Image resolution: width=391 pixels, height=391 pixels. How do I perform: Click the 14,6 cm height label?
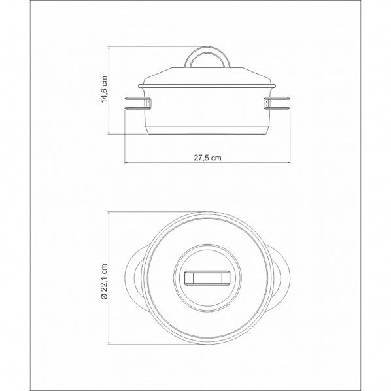point(104,90)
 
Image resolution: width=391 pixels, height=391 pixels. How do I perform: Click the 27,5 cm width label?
point(207,158)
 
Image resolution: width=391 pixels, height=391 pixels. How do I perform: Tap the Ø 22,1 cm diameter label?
point(104,281)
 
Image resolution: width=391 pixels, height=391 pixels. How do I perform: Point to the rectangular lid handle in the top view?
point(207,277)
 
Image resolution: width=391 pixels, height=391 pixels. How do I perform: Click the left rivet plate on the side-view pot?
point(148,103)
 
